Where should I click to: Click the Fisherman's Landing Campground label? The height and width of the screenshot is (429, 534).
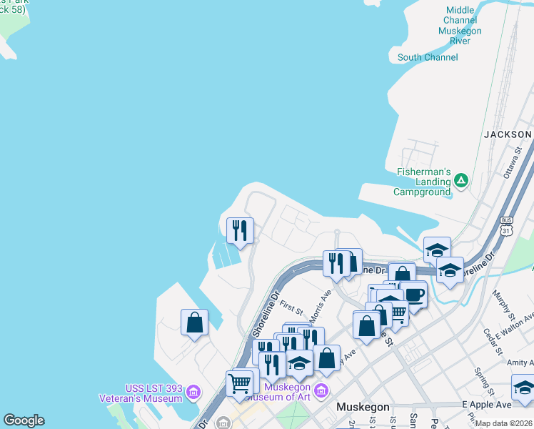[424, 182]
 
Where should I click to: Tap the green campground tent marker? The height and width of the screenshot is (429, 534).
[461, 180]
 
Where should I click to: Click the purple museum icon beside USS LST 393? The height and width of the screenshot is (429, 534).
[192, 392]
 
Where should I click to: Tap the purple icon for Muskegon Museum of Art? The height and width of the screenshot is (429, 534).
[321, 390]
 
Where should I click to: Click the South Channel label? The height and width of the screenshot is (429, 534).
[428, 57]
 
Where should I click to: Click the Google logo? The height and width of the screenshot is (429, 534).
[24, 420]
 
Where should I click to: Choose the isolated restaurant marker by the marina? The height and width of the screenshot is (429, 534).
[240, 230]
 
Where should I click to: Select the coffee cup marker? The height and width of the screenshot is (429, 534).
[413, 294]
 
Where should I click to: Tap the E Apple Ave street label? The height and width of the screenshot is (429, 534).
[486, 405]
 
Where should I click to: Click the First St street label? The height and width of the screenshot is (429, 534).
[291, 309]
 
